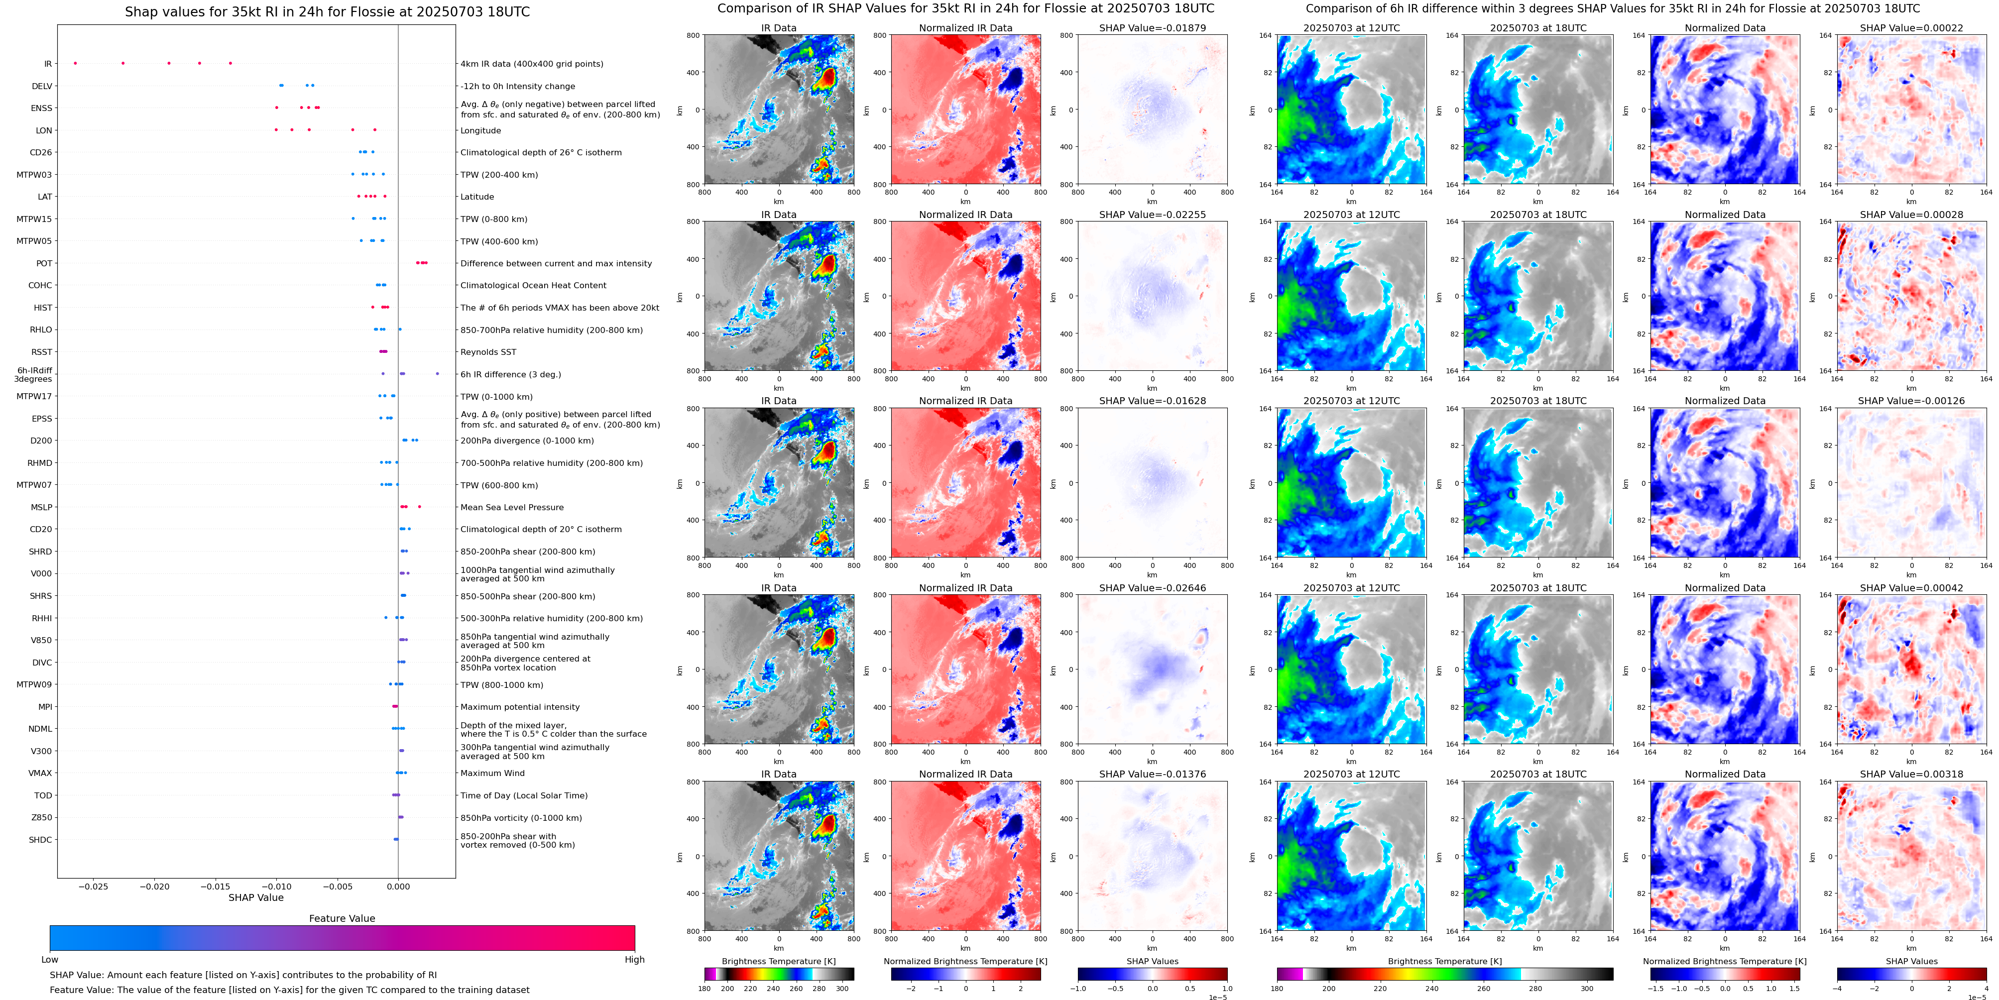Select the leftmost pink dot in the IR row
click(x=75, y=63)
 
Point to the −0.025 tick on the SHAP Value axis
click(x=94, y=887)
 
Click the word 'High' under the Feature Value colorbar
click(x=634, y=960)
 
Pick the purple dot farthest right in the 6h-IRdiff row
click(x=438, y=374)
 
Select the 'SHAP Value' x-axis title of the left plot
click(x=255, y=897)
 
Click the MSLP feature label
click(x=41, y=507)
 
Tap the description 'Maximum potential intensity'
click(x=520, y=707)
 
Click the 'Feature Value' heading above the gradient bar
click(x=342, y=918)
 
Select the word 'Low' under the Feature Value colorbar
click(x=50, y=960)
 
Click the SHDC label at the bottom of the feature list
click(x=40, y=839)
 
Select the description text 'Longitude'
click(x=480, y=130)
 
